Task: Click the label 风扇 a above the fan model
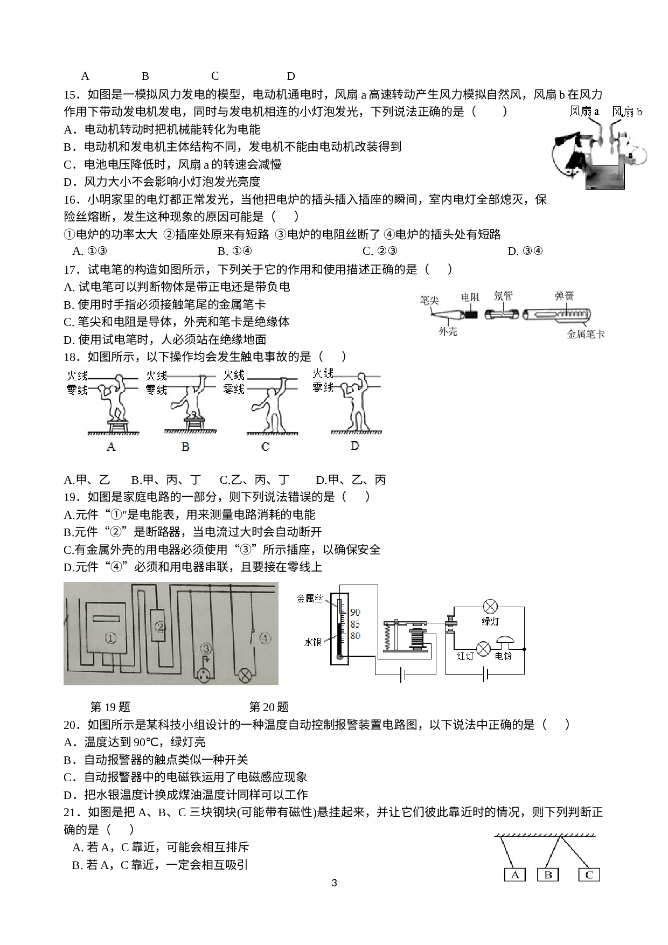point(584,112)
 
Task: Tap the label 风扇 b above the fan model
point(627,112)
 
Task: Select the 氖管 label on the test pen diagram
point(503,296)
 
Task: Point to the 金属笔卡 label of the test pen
point(586,334)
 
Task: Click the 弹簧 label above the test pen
point(564,296)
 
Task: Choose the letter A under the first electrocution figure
point(112,446)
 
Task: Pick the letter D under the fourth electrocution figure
point(354,446)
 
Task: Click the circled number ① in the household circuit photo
point(110,638)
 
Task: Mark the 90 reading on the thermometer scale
point(355,612)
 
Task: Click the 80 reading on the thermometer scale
point(355,636)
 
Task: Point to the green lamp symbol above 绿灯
point(490,607)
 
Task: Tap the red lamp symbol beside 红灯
point(483,649)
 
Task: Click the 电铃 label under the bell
point(504,656)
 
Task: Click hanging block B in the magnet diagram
point(548,874)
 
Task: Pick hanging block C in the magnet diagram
point(589,874)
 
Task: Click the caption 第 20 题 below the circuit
point(269,707)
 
